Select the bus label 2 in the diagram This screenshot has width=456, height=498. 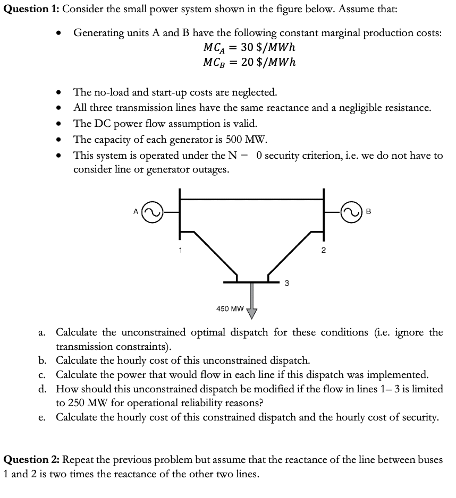[x=323, y=251]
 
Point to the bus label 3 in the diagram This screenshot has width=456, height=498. [x=286, y=283]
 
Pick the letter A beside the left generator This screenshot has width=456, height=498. [x=136, y=211]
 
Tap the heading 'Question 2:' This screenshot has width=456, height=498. [x=32, y=459]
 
